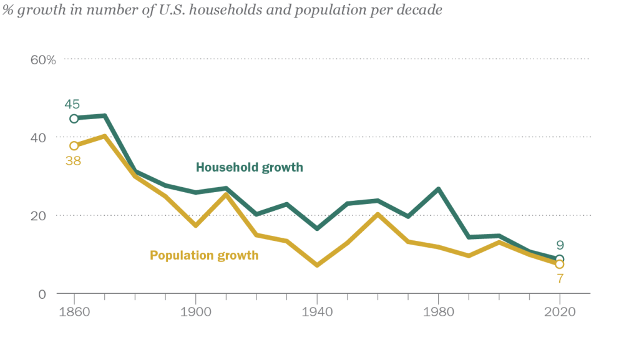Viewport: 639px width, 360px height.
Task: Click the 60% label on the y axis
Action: [43, 60]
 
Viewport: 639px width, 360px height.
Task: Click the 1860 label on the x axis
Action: [74, 313]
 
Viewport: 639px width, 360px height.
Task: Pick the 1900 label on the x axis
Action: [195, 313]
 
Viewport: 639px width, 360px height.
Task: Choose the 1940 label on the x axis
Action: [317, 313]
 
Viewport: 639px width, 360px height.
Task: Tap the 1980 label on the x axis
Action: [438, 313]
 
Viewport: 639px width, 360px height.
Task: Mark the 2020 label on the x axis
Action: [560, 313]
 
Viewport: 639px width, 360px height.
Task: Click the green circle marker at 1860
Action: [74, 119]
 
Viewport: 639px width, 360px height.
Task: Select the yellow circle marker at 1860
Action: [74, 146]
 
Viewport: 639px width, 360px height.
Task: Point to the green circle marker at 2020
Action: [560, 259]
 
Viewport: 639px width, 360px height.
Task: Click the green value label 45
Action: [72, 104]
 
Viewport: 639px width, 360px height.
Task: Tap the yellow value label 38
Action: [74, 160]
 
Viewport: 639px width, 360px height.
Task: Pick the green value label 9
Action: [560, 245]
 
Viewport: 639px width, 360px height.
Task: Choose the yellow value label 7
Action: [560, 277]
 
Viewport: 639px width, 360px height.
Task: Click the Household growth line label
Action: [249, 167]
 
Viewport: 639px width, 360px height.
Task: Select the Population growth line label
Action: [204, 255]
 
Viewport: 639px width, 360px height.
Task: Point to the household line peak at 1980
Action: [438, 189]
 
